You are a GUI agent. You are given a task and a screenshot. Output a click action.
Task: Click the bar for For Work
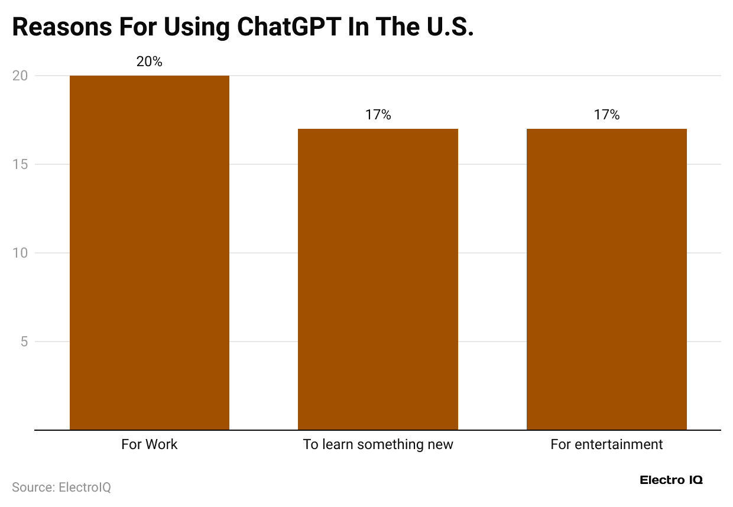coord(150,252)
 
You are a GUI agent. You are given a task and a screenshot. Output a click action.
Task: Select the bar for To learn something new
coord(378,279)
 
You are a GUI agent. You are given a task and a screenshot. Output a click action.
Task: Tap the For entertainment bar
coord(606,279)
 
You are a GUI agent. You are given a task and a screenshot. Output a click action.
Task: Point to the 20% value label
coord(150,61)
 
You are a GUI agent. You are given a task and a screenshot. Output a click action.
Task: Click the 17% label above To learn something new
coord(378,115)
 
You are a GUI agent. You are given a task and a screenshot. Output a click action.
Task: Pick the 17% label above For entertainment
coord(606,115)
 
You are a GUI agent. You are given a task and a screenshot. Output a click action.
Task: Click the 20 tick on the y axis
coord(20,76)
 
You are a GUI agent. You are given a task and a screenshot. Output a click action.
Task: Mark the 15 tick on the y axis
coord(20,164)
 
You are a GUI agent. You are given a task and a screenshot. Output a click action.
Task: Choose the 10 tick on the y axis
coord(20,253)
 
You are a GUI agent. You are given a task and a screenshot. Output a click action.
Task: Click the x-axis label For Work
coord(150,444)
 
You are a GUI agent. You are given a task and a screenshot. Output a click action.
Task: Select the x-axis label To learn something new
coord(378,444)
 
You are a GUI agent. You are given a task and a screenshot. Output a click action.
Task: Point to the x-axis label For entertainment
coord(606,444)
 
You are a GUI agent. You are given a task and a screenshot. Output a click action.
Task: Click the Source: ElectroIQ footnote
coord(61,487)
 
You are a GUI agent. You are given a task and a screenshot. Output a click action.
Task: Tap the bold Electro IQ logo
coord(672,480)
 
